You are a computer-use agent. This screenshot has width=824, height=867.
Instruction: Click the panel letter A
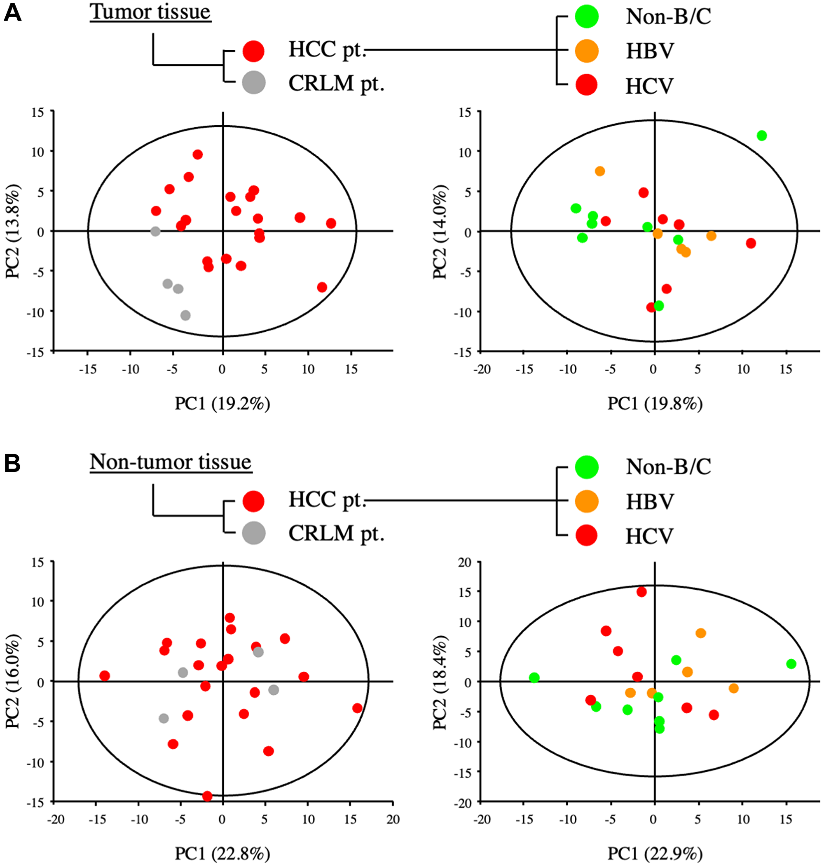[x=12, y=13]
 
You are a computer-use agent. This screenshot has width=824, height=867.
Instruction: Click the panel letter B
[x=12, y=463]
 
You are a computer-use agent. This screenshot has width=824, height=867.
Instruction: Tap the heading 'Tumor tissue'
[x=150, y=12]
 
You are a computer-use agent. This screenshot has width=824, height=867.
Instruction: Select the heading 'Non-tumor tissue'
[x=171, y=462]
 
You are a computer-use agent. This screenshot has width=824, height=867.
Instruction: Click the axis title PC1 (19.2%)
[x=222, y=403]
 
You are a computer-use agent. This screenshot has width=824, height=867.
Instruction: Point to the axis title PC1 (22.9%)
[x=654, y=853]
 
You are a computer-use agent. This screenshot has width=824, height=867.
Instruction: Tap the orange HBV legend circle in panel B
[x=586, y=501]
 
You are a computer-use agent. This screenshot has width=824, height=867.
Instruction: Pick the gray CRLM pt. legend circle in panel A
[x=253, y=82]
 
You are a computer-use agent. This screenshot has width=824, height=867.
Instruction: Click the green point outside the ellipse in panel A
[x=762, y=136]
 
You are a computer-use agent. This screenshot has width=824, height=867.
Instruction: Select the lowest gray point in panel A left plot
[x=185, y=315]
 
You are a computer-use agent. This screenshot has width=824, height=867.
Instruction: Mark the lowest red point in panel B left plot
[x=207, y=796]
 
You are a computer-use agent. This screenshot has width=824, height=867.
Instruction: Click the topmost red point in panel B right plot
[x=642, y=592]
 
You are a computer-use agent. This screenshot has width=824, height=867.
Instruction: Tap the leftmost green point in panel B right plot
[x=534, y=678]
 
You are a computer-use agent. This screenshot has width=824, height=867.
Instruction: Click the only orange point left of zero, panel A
[x=599, y=171]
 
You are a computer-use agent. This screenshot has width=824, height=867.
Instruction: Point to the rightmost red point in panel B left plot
[x=357, y=708]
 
